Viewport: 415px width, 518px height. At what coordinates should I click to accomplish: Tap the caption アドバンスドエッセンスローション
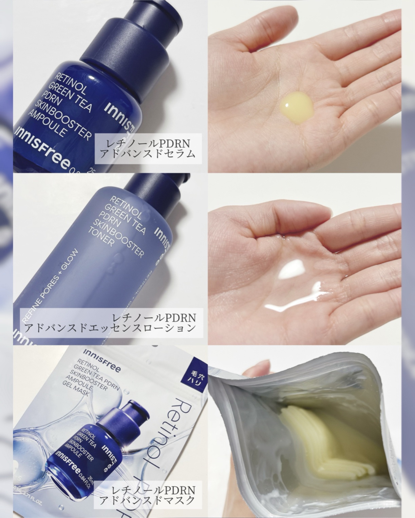tap(111, 327)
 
